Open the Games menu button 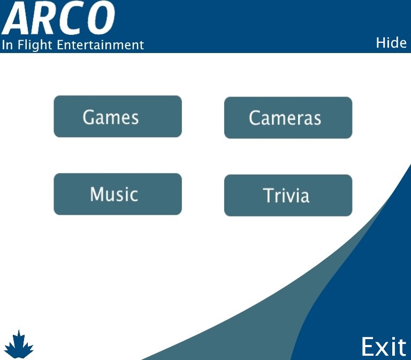pyautogui.click(x=118, y=116)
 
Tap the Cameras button pyautogui.click(x=288, y=118)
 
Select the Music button pyautogui.click(x=118, y=194)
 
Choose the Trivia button pyautogui.click(x=288, y=196)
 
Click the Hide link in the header pyautogui.click(x=391, y=43)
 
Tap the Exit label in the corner pyautogui.click(x=384, y=347)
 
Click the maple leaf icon pyautogui.click(x=19, y=344)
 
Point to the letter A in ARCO pyautogui.click(x=18, y=18)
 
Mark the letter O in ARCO pyautogui.click(x=100, y=18)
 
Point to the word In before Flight pyautogui.click(x=7, y=45)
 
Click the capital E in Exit pyautogui.click(x=369, y=347)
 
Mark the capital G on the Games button pyautogui.click(x=89, y=117)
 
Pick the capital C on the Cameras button pyautogui.click(x=255, y=118)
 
